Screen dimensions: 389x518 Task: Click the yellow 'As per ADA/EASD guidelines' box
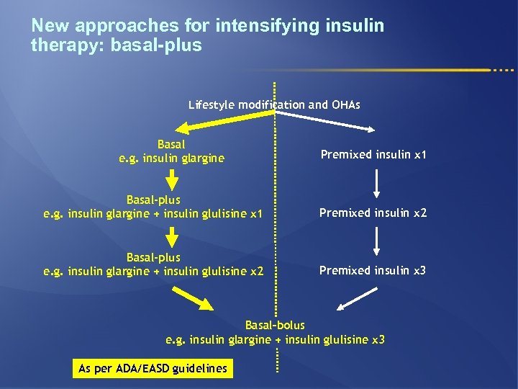click(x=153, y=368)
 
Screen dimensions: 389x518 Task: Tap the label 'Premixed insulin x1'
click(x=373, y=155)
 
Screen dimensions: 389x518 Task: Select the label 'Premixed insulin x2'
click(x=373, y=213)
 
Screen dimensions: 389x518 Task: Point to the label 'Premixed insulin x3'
click(x=373, y=270)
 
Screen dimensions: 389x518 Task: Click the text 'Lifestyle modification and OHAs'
click(x=274, y=105)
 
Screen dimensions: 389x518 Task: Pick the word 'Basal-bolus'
click(x=275, y=325)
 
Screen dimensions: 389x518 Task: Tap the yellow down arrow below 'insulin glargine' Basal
click(x=173, y=179)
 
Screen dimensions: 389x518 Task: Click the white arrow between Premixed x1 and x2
click(x=377, y=184)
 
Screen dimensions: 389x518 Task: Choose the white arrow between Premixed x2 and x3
click(x=377, y=241)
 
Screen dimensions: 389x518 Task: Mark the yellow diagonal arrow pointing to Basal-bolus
click(x=193, y=298)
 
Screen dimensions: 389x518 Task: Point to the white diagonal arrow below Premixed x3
click(x=357, y=298)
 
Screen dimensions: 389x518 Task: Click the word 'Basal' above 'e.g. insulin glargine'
click(x=171, y=144)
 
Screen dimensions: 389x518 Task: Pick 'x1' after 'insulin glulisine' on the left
click(x=256, y=214)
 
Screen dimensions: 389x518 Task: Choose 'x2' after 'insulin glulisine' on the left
click(x=256, y=272)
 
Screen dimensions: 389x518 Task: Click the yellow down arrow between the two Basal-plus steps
click(x=173, y=236)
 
